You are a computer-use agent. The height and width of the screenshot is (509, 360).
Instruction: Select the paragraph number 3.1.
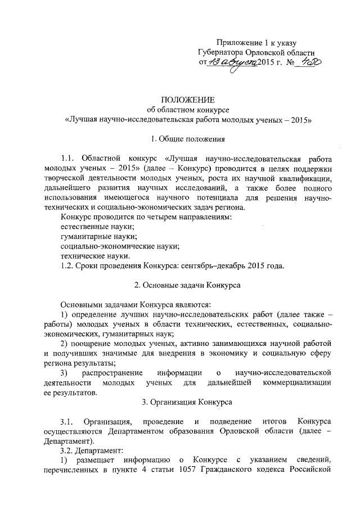[x=67, y=422]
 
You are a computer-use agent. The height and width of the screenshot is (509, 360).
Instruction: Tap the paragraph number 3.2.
[x=67, y=451]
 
